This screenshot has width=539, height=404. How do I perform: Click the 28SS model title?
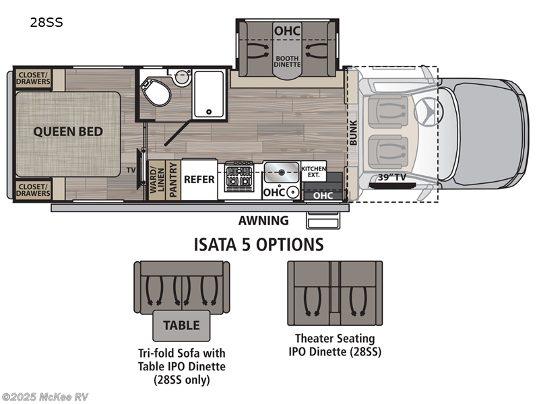tap(46, 22)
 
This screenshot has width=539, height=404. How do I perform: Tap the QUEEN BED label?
tap(68, 131)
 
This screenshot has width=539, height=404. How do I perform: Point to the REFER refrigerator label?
tap(199, 180)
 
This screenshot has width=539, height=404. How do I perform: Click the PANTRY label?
tap(172, 180)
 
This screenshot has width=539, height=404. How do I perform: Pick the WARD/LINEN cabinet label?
tap(157, 180)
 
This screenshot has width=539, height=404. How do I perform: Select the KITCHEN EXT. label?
tap(313, 172)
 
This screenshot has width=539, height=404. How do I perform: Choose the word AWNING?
tap(263, 220)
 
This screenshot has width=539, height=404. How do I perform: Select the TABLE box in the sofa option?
tap(182, 325)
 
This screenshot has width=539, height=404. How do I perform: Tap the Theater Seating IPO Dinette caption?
tap(335, 345)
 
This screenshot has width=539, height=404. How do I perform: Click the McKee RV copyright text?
tap(45, 397)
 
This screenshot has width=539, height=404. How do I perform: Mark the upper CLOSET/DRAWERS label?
tap(33, 78)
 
